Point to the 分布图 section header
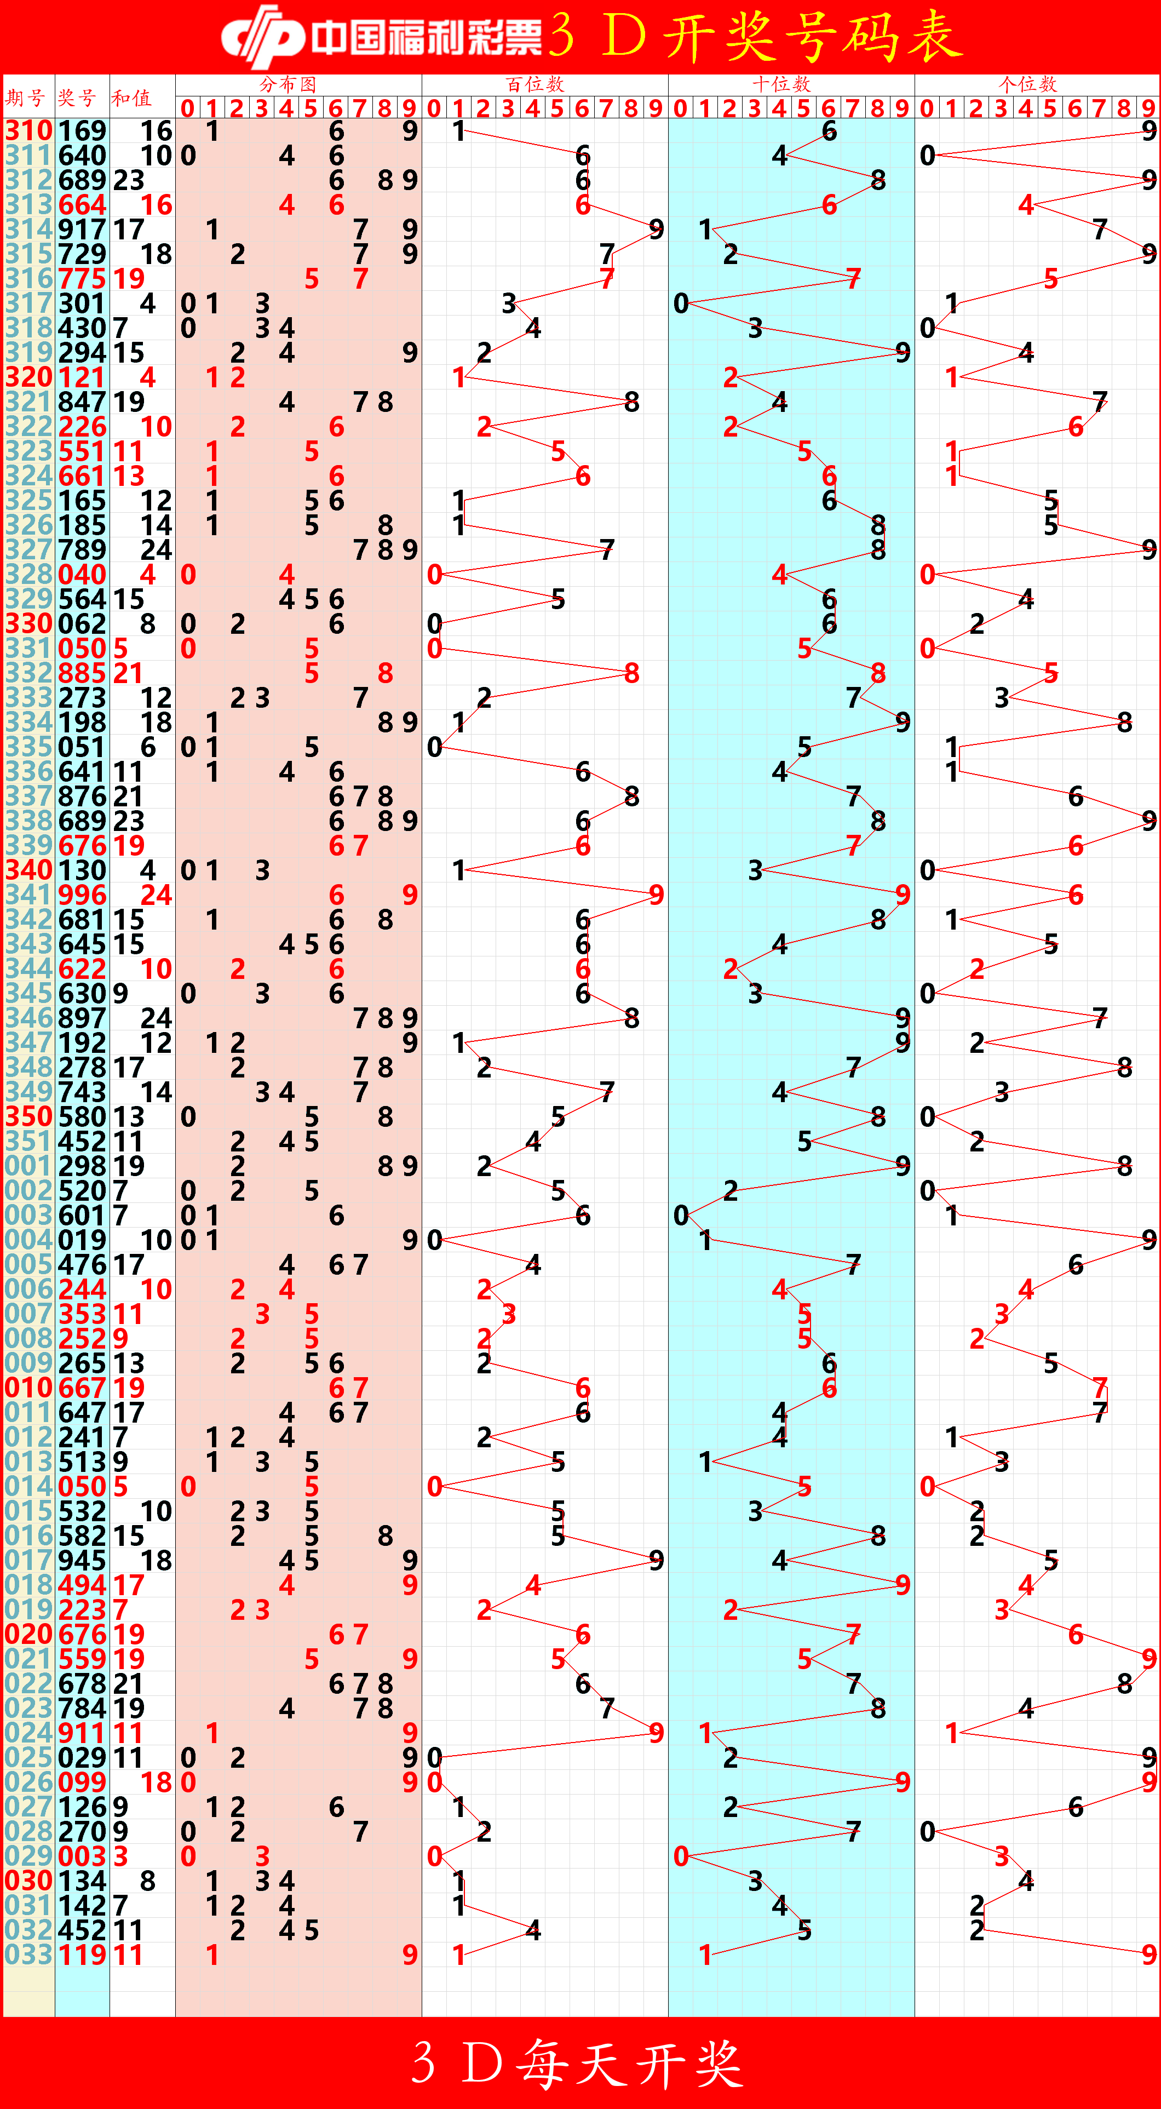click(x=288, y=83)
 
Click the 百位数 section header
click(x=536, y=83)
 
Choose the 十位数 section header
click(x=782, y=83)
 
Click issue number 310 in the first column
click(x=28, y=131)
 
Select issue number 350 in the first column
click(x=28, y=1117)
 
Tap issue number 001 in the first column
click(x=28, y=1166)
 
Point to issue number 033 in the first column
click(x=28, y=1955)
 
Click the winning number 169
click(x=82, y=131)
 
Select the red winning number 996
click(x=82, y=895)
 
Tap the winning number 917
click(x=82, y=229)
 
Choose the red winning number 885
click(x=82, y=673)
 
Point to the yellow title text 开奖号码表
click(x=811, y=37)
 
